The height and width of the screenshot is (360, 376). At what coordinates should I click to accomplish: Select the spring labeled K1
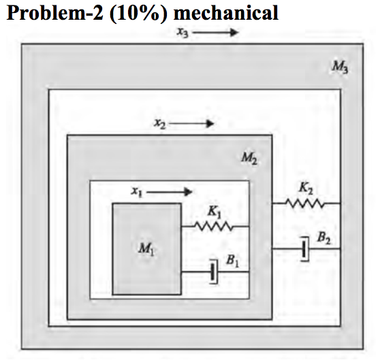215,225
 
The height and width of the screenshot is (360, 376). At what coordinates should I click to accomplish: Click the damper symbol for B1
214,272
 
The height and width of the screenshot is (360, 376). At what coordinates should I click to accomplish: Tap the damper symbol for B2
305,249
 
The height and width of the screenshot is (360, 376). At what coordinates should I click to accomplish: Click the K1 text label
214,212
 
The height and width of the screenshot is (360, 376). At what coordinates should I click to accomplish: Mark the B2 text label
324,237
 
